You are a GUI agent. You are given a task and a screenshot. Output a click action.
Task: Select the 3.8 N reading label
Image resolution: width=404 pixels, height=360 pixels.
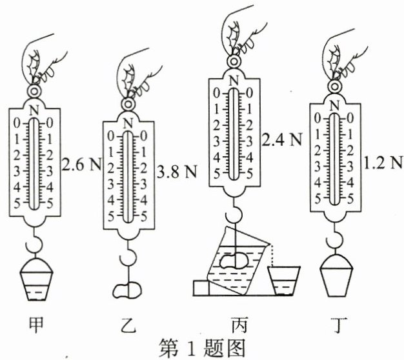[177, 172]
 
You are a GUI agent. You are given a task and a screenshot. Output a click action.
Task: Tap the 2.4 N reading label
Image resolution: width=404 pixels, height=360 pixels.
[281, 138]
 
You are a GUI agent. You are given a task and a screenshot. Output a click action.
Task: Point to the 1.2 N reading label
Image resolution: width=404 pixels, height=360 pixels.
[383, 162]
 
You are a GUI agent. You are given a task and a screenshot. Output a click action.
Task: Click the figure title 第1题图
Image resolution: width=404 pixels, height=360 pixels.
[202, 348]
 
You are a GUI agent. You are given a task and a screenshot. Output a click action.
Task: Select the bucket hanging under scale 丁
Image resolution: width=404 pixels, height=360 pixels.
[339, 276]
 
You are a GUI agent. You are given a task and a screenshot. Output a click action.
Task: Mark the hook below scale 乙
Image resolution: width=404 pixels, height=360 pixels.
[128, 259]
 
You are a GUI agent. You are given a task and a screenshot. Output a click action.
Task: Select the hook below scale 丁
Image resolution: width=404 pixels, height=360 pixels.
[337, 241]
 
